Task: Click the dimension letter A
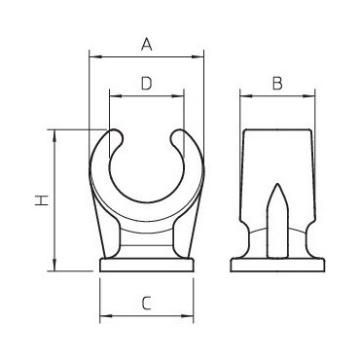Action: click(x=147, y=45)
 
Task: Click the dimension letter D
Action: click(x=147, y=84)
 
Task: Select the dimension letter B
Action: click(x=277, y=84)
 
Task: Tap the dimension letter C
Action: click(x=147, y=304)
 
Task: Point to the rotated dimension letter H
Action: click(x=42, y=200)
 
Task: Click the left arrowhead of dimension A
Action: click(x=94, y=57)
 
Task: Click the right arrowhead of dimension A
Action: click(x=198, y=57)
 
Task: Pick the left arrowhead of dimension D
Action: click(x=116, y=96)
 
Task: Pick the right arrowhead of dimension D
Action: click(x=178, y=96)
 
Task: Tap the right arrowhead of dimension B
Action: click(x=309, y=96)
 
